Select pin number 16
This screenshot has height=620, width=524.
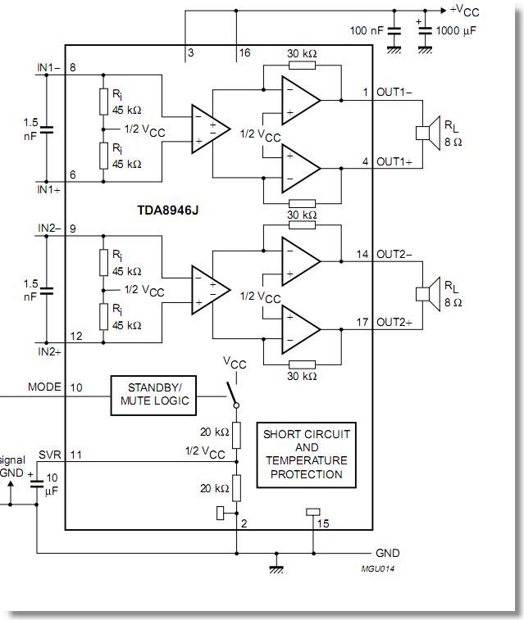click(x=244, y=53)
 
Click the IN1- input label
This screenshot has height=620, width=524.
click(x=50, y=67)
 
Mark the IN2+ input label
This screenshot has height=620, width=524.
click(x=50, y=351)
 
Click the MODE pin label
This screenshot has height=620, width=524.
click(x=44, y=387)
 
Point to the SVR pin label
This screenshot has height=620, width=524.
click(x=50, y=454)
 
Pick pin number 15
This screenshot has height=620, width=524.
click(x=324, y=523)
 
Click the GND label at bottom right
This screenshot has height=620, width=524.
click(x=388, y=554)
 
